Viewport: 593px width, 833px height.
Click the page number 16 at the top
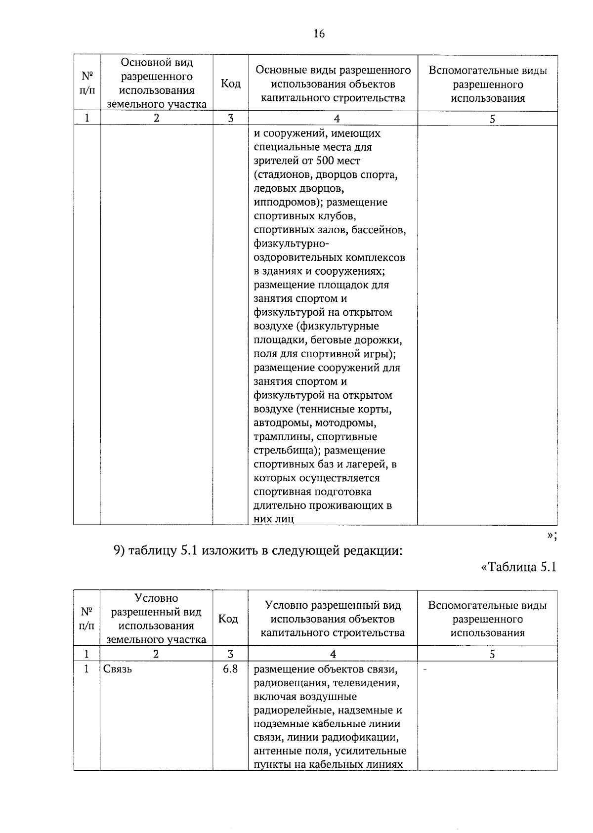pyautogui.click(x=319, y=34)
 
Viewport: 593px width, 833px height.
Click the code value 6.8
pyautogui.click(x=230, y=669)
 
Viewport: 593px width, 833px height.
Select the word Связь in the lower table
pyautogui.click(x=118, y=669)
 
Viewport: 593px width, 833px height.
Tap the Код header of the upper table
pyautogui.click(x=230, y=83)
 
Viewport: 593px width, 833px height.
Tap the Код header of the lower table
pyautogui.click(x=228, y=619)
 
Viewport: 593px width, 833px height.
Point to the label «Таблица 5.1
pyautogui.click(x=518, y=567)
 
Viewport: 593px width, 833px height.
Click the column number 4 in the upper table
pyautogui.click(x=337, y=119)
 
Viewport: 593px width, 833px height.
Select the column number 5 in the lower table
pyautogui.click(x=492, y=654)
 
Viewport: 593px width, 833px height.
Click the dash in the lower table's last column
pyautogui.click(x=425, y=669)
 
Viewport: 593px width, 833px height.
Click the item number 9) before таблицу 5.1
pyautogui.click(x=120, y=550)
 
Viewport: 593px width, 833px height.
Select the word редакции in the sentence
pyautogui.click(x=374, y=550)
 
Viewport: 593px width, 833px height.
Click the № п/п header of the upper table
pyautogui.click(x=87, y=83)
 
